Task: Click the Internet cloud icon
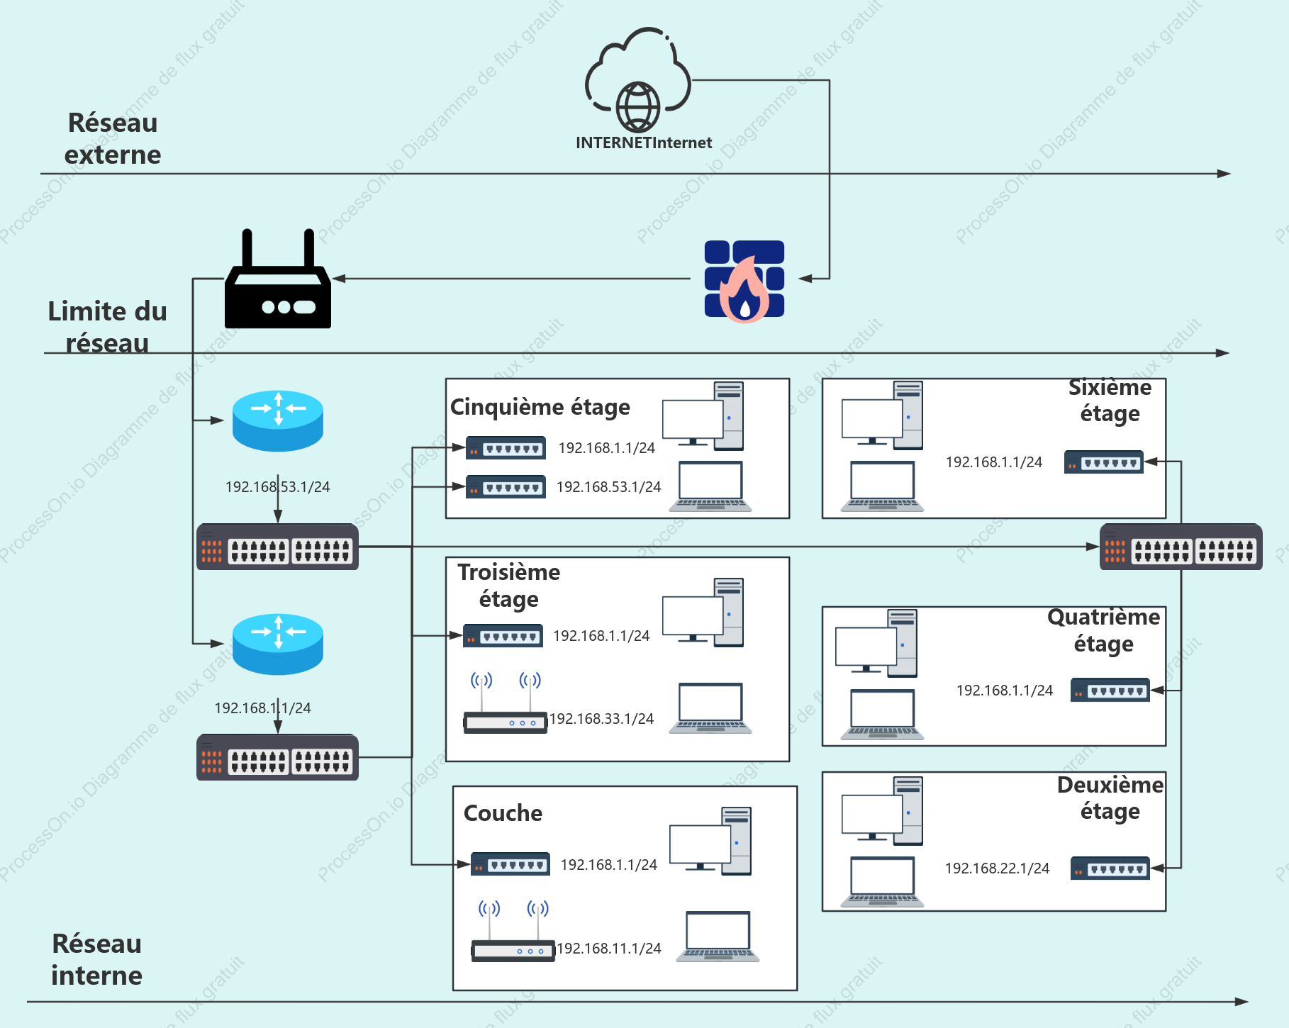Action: coord(637,79)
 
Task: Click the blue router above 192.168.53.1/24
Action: coord(278,420)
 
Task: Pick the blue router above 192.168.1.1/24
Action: coord(278,644)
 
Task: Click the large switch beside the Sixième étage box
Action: coord(1181,547)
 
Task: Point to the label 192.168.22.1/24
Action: coord(997,868)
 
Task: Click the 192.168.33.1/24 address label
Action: coord(601,719)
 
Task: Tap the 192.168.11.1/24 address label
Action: coord(609,949)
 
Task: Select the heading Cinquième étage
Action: coord(540,408)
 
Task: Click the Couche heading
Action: coord(503,813)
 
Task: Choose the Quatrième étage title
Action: coord(1103,630)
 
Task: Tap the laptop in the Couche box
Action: coord(718,937)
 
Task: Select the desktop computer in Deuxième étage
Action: coord(883,811)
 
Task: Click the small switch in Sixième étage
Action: coord(1104,462)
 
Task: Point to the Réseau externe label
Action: coord(113,138)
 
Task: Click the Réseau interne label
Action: coord(97,959)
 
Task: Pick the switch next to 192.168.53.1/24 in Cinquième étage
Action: coord(506,487)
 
